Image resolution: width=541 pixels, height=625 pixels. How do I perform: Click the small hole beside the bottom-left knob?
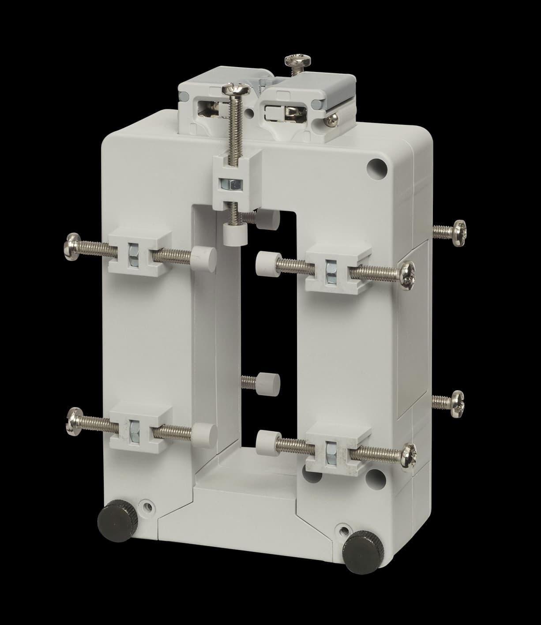(146, 506)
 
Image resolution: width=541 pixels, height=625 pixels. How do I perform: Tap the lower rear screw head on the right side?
(454, 401)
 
